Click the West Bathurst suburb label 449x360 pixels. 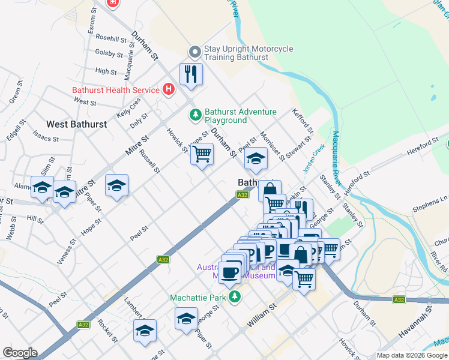76,124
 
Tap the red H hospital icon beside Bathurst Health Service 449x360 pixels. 169,90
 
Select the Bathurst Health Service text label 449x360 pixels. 115,90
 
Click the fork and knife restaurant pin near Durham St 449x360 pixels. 191,74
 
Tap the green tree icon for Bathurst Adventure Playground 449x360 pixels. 195,114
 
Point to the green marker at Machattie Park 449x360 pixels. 237,296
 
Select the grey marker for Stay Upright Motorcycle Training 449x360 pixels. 194,52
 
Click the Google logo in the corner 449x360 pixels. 20,353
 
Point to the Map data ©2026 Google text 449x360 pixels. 412,355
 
